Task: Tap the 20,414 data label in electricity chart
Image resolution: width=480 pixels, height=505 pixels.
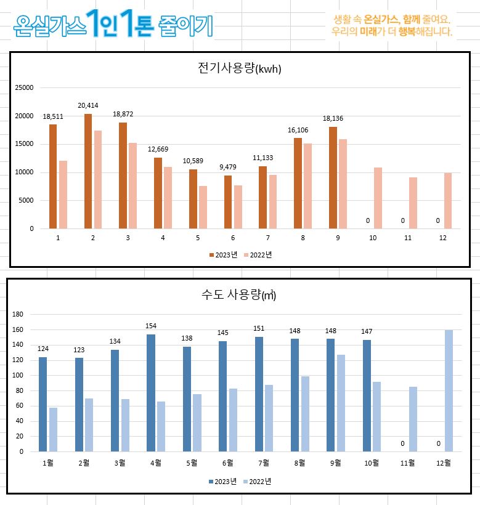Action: (x=89, y=105)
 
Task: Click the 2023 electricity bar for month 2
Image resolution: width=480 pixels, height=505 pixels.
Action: (x=88, y=171)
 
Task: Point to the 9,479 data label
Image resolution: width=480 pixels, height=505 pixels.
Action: (x=228, y=167)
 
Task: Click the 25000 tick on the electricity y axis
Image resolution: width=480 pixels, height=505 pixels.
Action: (x=24, y=87)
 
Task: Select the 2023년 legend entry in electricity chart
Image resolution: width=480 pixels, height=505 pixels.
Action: (x=223, y=254)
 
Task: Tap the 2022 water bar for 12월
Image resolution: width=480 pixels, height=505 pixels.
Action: (x=449, y=390)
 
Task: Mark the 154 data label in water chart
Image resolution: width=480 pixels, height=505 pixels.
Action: (x=151, y=326)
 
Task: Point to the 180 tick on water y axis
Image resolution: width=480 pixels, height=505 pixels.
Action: (x=17, y=314)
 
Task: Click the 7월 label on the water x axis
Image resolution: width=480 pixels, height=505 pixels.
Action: (x=264, y=463)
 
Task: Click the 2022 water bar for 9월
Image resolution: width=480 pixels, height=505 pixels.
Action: (x=341, y=403)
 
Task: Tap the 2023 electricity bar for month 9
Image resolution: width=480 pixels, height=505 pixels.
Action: (x=333, y=177)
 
